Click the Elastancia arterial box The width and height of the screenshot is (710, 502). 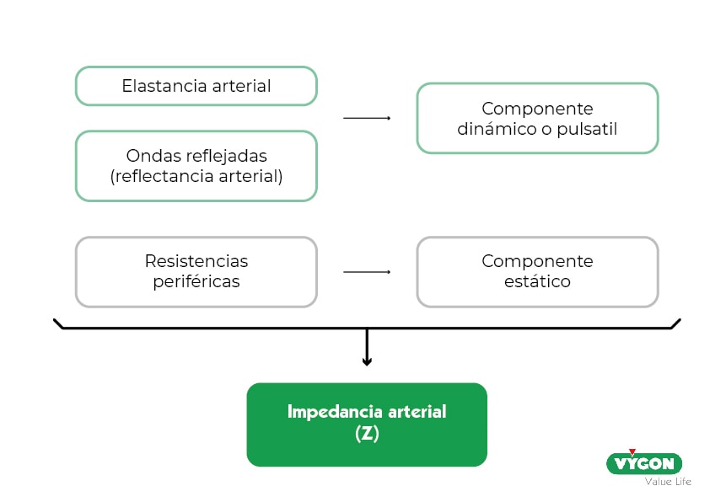tap(196, 86)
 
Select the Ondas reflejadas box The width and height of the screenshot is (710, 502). tap(196, 166)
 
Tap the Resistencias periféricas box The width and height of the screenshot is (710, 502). tap(196, 271)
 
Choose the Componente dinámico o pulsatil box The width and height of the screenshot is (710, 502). tap(537, 118)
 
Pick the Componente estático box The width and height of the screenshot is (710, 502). tap(537, 271)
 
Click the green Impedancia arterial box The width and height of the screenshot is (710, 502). tap(367, 424)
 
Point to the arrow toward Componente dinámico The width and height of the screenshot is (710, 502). tap(367, 119)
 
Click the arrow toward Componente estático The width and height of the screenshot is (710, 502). tap(367, 272)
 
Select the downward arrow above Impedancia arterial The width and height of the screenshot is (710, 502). tap(367, 347)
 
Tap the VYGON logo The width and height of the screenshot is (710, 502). tap(644, 463)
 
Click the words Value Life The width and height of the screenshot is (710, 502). tap(668, 482)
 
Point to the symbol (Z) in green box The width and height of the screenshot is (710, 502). tap(367, 435)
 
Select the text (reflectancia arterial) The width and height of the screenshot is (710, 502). tap(196, 177)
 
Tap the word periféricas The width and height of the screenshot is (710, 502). tap(196, 282)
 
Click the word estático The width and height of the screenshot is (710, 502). tap(537, 282)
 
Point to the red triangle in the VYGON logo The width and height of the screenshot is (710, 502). tap(632, 453)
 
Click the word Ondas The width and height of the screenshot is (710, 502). tap(150, 156)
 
